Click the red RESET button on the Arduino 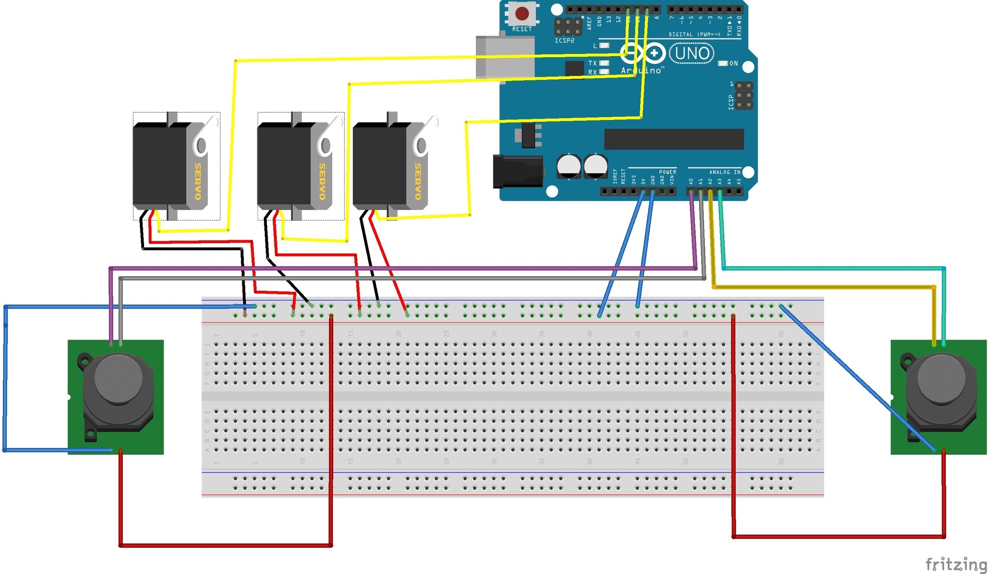(522, 13)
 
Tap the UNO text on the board (692, 53)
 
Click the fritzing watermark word (955, 564)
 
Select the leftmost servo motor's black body (159, 167)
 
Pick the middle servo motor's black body (283, 167)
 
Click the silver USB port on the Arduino (505, 57)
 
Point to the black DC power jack (518, 171)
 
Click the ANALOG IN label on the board (725, 172)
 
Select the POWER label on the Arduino (667, 172)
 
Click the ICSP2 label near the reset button (564, 41)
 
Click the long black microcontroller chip (674, 139)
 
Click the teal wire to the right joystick (835, 268)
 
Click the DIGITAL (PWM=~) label (694, 34)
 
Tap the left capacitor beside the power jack (568, 166)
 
